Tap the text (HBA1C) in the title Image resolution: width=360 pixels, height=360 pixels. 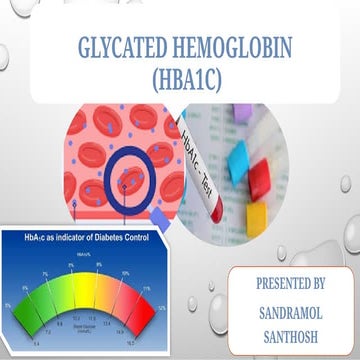[179, 77]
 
